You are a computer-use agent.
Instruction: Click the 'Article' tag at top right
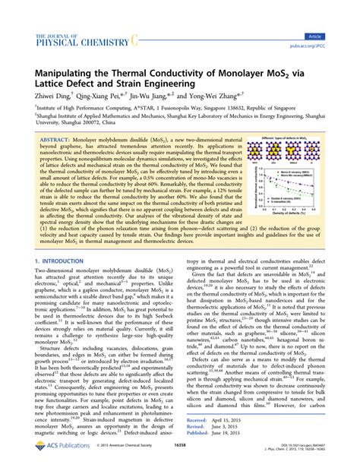[x=335, y=36]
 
